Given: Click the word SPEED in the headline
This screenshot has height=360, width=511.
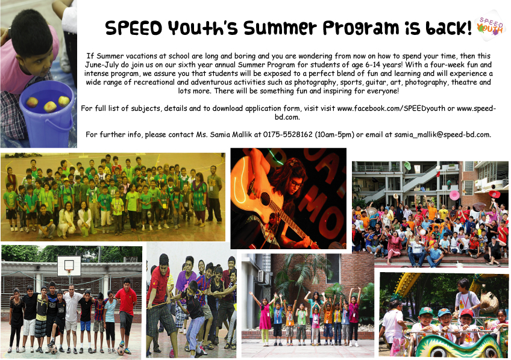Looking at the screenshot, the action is click(134, 28).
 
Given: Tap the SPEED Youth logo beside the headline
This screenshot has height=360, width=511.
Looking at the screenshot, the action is click(490, 26).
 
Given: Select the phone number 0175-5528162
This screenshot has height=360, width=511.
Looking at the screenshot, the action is click(288, 134).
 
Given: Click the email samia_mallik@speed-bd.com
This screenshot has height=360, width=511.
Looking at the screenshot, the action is click(442, 134).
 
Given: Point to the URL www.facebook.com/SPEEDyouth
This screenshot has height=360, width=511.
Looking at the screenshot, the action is click(391, 108).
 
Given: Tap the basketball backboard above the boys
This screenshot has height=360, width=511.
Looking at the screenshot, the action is click(69, 266).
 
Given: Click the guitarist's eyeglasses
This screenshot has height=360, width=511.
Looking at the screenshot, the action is click(296, 184).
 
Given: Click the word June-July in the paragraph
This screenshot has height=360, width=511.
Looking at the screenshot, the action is click(102, 65).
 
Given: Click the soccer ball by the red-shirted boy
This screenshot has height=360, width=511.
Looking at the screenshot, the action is click(121, 350).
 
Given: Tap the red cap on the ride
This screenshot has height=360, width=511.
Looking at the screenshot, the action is click(466, 313).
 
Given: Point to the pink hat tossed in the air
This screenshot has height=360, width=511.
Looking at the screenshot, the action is click(454, 195).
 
